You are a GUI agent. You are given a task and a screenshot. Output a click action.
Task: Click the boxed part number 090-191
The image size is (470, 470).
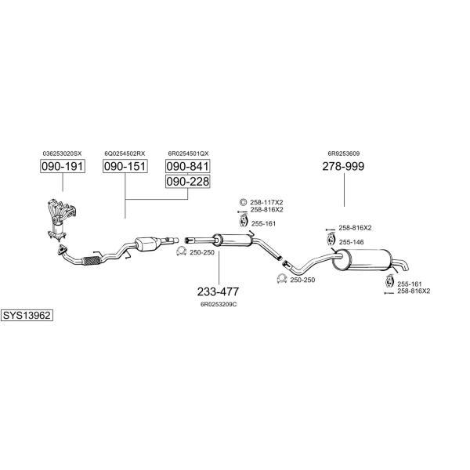tap(62, 167)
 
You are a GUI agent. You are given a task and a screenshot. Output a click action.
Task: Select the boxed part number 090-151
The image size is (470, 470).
tap(125, 167)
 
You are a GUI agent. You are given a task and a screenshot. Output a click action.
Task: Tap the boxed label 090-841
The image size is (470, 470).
tap(187, 167)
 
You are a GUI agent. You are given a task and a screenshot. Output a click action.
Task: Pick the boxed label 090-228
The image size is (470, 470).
tap(187, 182)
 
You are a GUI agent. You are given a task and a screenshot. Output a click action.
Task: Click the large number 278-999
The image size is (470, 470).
tap(343, 167)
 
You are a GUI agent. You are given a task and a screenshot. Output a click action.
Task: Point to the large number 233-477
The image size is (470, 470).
tap(218, 291)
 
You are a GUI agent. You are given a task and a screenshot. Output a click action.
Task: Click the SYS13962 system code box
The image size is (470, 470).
tap(27, 315)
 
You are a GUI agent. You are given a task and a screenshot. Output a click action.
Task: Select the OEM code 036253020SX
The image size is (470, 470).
tap(62, 154)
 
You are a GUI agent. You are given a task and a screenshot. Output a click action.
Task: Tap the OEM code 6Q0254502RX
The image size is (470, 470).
tap(125, 154)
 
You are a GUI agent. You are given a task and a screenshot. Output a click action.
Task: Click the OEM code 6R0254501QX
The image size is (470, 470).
tap(188, 154)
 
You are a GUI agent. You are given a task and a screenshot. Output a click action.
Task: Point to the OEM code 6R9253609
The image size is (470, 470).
tap(343, 154)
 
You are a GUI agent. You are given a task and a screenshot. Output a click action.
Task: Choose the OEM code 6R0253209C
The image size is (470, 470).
tap(218, 303)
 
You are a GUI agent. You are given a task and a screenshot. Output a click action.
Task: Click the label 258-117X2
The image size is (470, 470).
tap(266, 202)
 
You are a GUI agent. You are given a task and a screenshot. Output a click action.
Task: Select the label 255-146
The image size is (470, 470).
tap(351, 242)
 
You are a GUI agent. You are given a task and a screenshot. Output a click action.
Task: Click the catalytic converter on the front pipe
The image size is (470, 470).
tap(151, 244)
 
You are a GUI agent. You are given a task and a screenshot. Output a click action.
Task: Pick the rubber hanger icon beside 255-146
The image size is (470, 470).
tap(331, 240)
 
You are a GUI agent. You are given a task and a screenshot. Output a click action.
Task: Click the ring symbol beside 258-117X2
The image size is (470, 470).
tap(243, 202)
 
